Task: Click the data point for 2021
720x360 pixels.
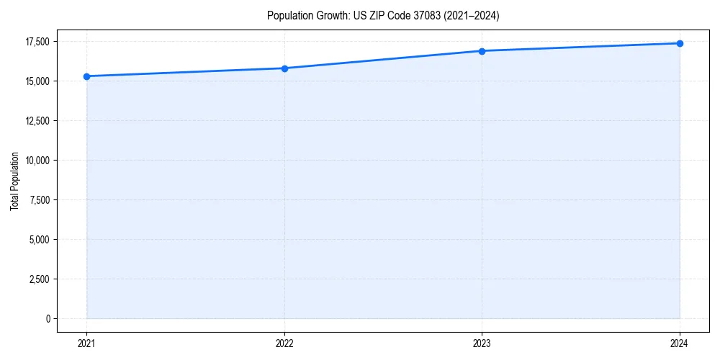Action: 87,76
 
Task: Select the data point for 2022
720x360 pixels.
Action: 284,68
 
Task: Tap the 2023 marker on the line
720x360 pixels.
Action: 482,51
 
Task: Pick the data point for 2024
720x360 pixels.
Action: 680,43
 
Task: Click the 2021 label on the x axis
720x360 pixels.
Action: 87,343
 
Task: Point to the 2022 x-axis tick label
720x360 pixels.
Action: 284,343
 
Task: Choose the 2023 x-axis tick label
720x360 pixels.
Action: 482,343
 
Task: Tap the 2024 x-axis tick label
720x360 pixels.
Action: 680,343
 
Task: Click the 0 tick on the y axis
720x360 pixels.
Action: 48,318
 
